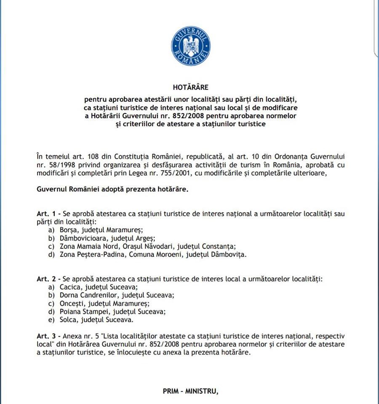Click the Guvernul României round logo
point(190,45)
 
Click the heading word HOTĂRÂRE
point(190,88)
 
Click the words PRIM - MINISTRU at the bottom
point(190,391)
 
